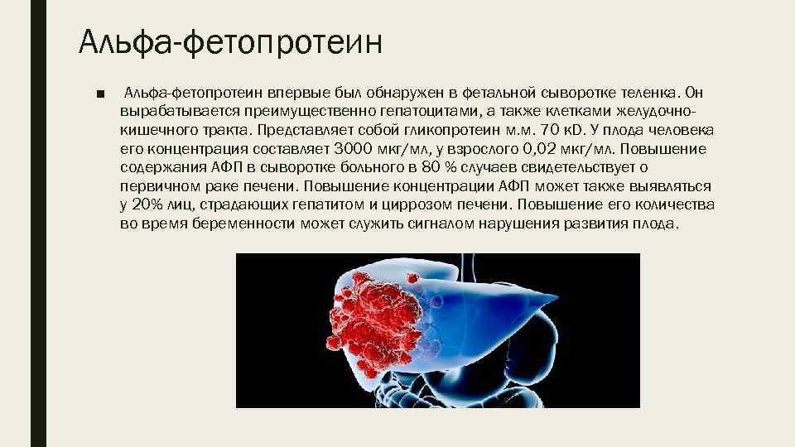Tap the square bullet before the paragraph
[100, 93]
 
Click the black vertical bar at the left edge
[37, 223]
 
